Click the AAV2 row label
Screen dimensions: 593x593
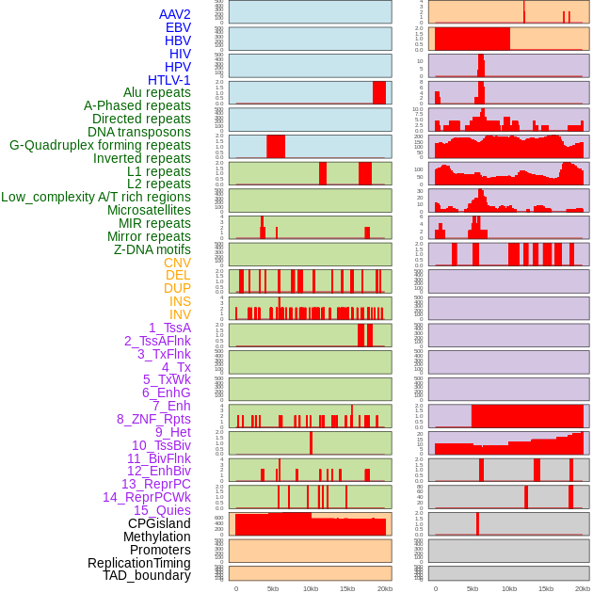tap(175, 14)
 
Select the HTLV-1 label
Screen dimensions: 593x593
tap(169, 80)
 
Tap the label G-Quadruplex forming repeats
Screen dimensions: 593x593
tap(100, 146)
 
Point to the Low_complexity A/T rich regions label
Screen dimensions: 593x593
tap(96, 197)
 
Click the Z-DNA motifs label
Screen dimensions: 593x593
tap(152, 249)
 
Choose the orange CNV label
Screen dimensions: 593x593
tap(177, 263)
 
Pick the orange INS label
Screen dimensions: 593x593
tap(180, 301)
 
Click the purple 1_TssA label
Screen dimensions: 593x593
tap(169, 328)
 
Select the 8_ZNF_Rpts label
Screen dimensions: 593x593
tap(153, 419)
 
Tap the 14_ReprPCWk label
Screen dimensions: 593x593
tap(147, 497)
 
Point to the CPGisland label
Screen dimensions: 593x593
tap(159, 523)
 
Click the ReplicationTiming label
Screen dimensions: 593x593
tap(139, 563)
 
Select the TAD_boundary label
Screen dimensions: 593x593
tap(147, 575)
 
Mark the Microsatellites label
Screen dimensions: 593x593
tap(149, 210)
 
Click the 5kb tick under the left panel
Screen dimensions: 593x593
tap(273, 588)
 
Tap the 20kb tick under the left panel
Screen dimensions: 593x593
tap(384, 588)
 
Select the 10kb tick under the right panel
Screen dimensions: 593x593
tap(509, 588)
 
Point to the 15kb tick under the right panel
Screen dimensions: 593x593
tap(546, 588)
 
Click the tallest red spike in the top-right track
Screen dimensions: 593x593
tap(524, 11)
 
